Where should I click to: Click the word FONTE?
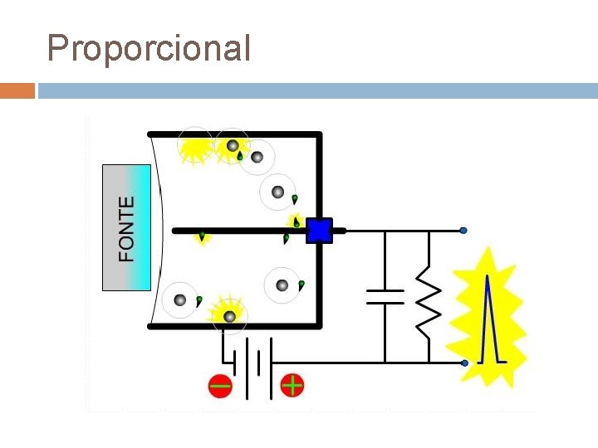point(126,229)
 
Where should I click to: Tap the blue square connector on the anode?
point(319,230)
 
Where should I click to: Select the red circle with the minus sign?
point(220,386)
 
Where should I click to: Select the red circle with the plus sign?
point(292,385)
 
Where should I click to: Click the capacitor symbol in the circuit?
point(385,296)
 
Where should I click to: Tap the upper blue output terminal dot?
point(463,230)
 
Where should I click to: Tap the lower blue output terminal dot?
point(463,363)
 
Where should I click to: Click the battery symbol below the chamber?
point(252,363)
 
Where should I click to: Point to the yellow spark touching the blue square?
point(296,221)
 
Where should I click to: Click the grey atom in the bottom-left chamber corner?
point(179,300)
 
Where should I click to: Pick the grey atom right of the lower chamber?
point(282,285)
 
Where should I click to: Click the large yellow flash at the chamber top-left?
point(196,147)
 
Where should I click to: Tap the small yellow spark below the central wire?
point(202,238)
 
